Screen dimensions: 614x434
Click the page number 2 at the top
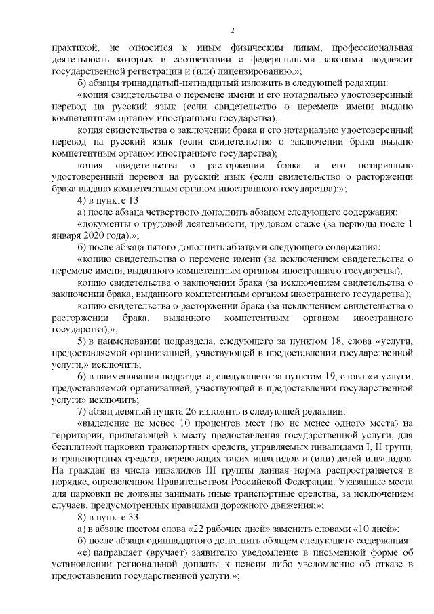coord(232,30)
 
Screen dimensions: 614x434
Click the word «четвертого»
coord(163,214)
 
